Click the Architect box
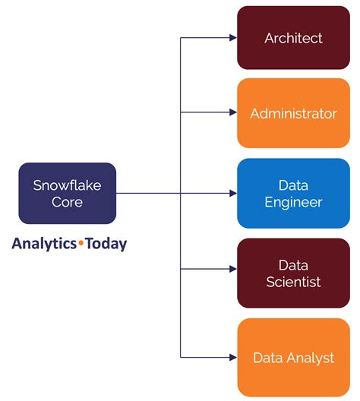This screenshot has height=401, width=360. tap(293, 38)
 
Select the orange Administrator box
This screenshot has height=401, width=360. tap(293, 113)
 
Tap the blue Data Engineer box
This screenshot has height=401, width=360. tap(293, 194)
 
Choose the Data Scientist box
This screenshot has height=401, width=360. tap(293, 273)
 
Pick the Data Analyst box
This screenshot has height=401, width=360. tap(293, 357)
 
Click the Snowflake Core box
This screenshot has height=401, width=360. tap(68, 194)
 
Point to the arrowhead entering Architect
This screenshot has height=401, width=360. tap(233, 38)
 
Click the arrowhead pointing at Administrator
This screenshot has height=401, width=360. tap(233, 112)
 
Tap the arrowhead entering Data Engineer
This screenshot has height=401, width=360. tap(233, 194)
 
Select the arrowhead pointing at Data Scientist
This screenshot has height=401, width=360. tap(233, 269)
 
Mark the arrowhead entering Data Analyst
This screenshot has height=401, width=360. tap(233, 357)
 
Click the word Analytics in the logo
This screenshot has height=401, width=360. tap(44, 244)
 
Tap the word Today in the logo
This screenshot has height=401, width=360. tap(106, 244)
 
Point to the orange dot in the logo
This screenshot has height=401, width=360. tap(81, 243)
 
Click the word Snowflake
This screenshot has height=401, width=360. tap(68, 185)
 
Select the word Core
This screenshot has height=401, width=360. tap(68, 202)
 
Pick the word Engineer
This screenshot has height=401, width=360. tap(293, 203)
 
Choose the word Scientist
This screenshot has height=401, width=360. tap(293, 282)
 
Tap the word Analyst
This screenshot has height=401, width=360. tap(310, 358)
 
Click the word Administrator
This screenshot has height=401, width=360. tap(293, 113)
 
